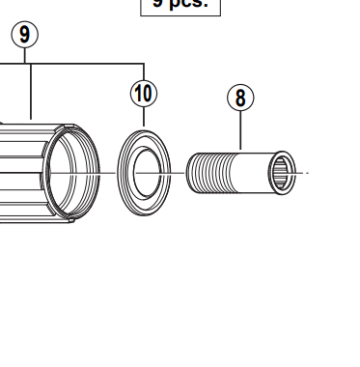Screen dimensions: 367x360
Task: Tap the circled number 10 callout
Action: (143, 93)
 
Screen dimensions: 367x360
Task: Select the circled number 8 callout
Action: (239, 98)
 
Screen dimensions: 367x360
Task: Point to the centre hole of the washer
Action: (144, 173)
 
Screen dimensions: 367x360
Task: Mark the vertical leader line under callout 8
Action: (239, 130)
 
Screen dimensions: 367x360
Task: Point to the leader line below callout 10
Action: (143, 116)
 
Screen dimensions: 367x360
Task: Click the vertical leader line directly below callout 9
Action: (32, 92)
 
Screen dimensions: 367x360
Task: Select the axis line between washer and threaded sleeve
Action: (179, 174)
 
